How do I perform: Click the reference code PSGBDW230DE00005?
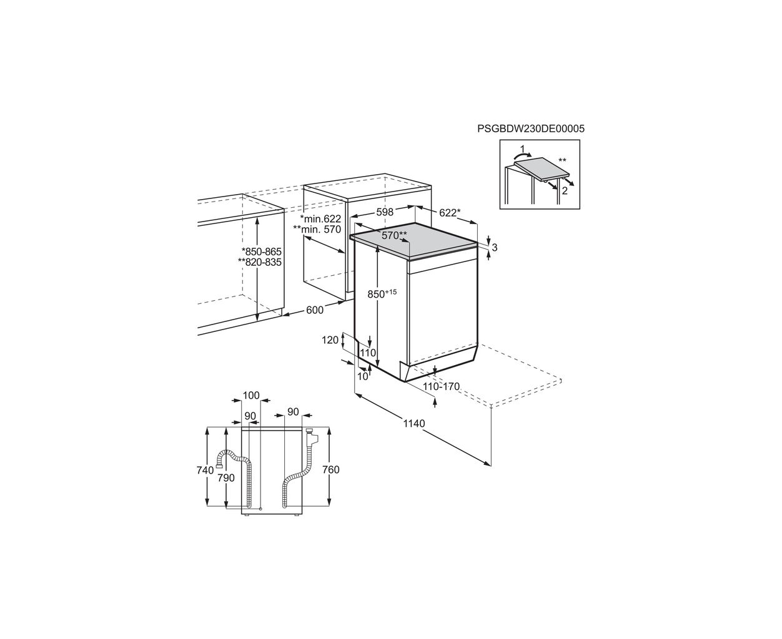[531, 129]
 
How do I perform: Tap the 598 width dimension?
[385, 212]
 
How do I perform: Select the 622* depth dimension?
[449, 213]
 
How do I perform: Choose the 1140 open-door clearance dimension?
[414, 423]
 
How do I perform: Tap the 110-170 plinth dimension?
[441, 386]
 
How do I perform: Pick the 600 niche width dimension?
[315, 310]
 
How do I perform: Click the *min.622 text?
[320, 218]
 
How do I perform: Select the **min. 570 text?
[317, 229]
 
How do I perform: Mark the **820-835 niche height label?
[260, 262]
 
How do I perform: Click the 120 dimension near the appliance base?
[330, 339]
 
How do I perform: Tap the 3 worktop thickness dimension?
[494, 248]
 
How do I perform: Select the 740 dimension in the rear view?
[205, 470]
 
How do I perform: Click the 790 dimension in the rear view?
[226, 478]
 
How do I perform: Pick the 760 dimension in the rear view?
[331, 470]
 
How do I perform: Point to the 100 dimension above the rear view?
[251, 396]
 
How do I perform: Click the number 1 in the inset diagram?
[522, 149]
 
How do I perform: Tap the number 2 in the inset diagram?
[565, 191]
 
